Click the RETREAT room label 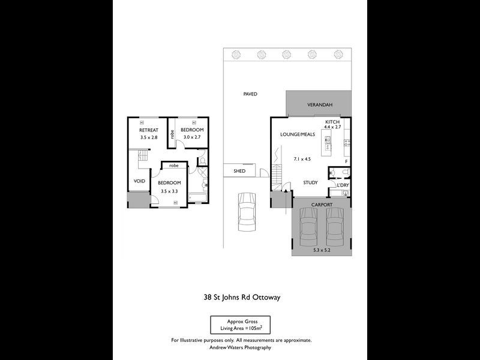tap(148, 130)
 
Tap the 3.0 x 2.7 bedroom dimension tap(192, 137)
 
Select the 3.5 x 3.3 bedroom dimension tap(169, 191)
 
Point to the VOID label tap(139, 181)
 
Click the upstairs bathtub tap(197, 197)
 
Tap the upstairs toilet tap(203, 161)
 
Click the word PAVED tap(250, 94)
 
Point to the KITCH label tap(332, 122)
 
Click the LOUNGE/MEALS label tap(298, 134)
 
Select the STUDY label tap(310, 183)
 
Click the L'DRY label tap(343, 185)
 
